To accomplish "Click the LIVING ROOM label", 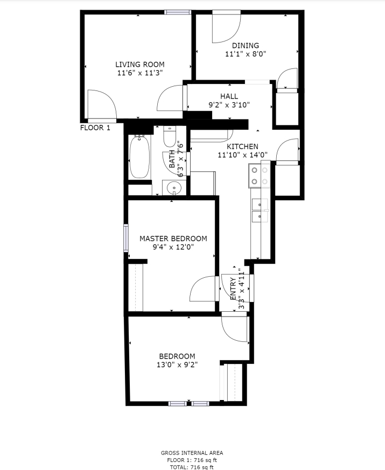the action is click(139, 65).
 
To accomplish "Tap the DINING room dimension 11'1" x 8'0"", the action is click(246, 54).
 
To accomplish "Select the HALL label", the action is click(229, 96).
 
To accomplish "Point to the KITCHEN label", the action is click(242, 146).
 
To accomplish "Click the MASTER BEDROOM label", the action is click(173, 238).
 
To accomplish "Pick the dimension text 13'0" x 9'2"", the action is click(177, 365).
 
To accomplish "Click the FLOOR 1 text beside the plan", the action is click(95, 128).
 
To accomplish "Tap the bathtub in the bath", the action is click(139, 157).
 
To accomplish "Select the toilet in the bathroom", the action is click(170, 136).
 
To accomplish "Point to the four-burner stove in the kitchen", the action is click(260, 176).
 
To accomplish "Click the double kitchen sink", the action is click(260, 211).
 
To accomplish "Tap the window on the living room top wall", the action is click(178, 12).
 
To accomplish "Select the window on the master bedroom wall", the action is click(126, 238).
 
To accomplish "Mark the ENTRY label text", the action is click(233, 289).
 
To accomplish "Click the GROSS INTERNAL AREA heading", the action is click(192, 453).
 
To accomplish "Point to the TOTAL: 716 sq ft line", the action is click(192, 467).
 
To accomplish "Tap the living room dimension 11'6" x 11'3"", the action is click(139, 73).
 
